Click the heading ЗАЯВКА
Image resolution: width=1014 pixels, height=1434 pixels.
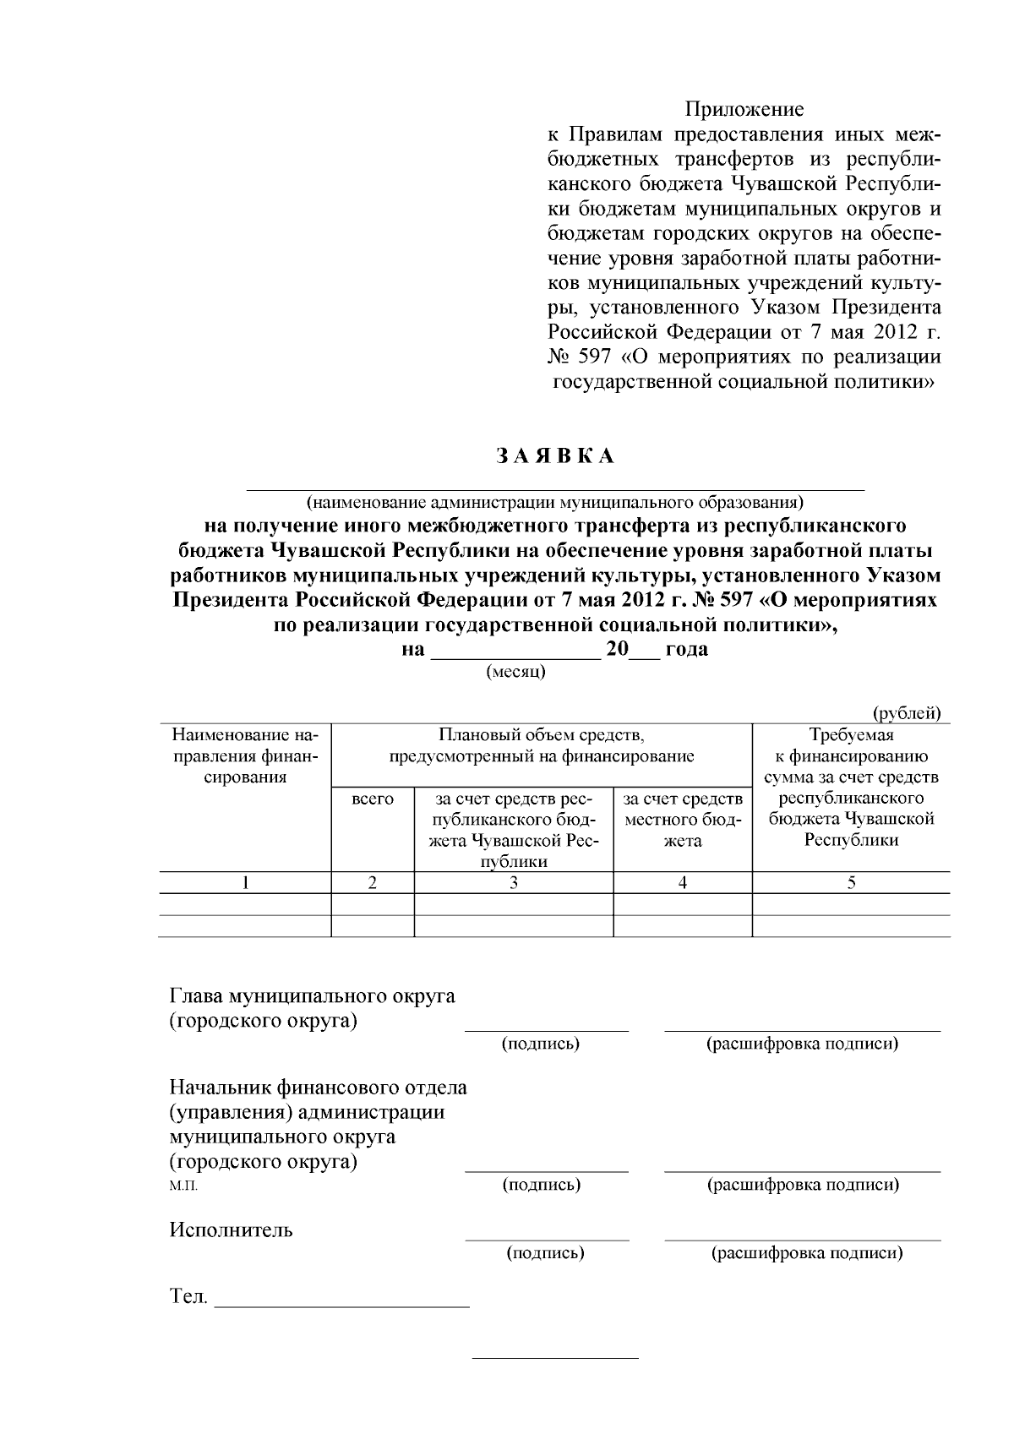(555, 456)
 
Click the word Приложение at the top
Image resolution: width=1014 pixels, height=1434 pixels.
(744, 110)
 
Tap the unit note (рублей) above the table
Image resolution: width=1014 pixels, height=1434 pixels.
(906, 713)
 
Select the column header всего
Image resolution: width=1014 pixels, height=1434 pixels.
(373, 799)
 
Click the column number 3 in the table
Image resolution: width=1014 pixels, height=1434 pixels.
(513, 883)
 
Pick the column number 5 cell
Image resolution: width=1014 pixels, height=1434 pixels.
(851, 883)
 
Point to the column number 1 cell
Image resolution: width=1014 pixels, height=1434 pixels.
(245, 883)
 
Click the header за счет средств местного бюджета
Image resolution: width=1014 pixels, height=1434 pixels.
(682, 819)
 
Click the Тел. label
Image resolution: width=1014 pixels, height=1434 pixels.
(188, 1296)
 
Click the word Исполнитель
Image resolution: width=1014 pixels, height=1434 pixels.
(232, 1230)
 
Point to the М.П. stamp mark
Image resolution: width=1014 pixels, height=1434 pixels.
(183, 1186)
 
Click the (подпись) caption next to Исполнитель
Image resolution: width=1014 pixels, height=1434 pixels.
(545, 1253)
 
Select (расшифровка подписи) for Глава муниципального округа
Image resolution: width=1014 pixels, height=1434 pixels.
(802, 1044)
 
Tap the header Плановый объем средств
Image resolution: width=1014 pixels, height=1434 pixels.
(542, 745)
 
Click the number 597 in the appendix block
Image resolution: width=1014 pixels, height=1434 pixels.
(591, 357)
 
